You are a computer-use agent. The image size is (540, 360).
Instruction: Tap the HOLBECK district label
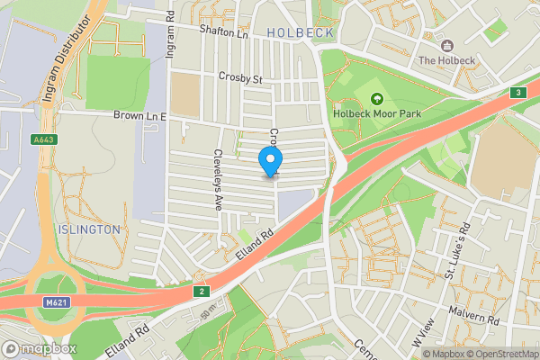pyautogui.click(x=301, y=32)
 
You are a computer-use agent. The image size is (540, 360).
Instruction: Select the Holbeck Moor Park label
pyautogui.click(x=376, y=114)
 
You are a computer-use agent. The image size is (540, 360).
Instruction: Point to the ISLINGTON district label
pyautogui.click(x=88, y=229)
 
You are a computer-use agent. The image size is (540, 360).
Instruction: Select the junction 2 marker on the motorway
pyautogui.click(x=202, y=291)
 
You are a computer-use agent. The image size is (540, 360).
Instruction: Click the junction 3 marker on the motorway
pyautogui.click(x=517, y=93)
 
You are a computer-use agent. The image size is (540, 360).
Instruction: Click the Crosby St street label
pyautogui.click(x=239, y=78)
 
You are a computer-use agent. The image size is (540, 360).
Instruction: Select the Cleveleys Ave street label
pyautogui.click(x=217, y=180)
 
